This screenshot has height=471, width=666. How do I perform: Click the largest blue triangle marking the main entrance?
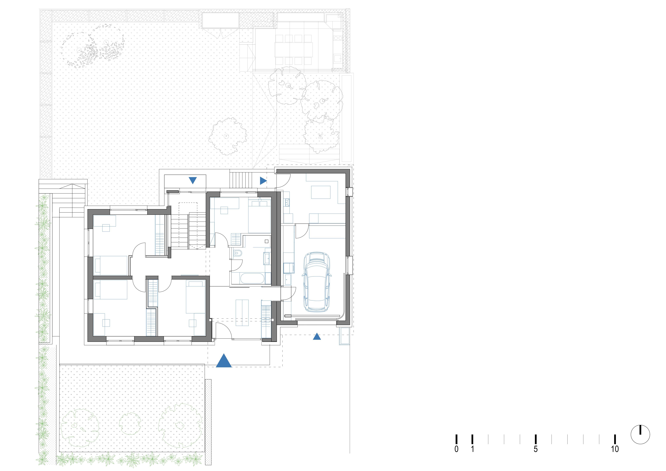click(x=224, y=360)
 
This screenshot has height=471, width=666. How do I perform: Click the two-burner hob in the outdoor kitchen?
click(x=338, y=38)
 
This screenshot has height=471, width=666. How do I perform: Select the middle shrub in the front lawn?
click(x=130, y=424)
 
